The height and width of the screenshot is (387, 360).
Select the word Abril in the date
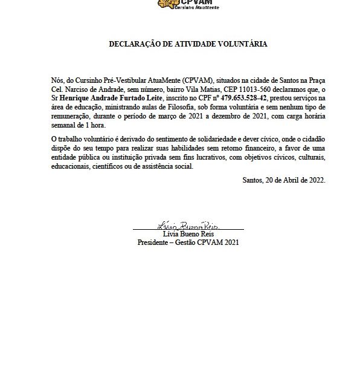(x=287, y=180)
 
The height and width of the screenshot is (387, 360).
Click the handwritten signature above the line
(x=188, y=226)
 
